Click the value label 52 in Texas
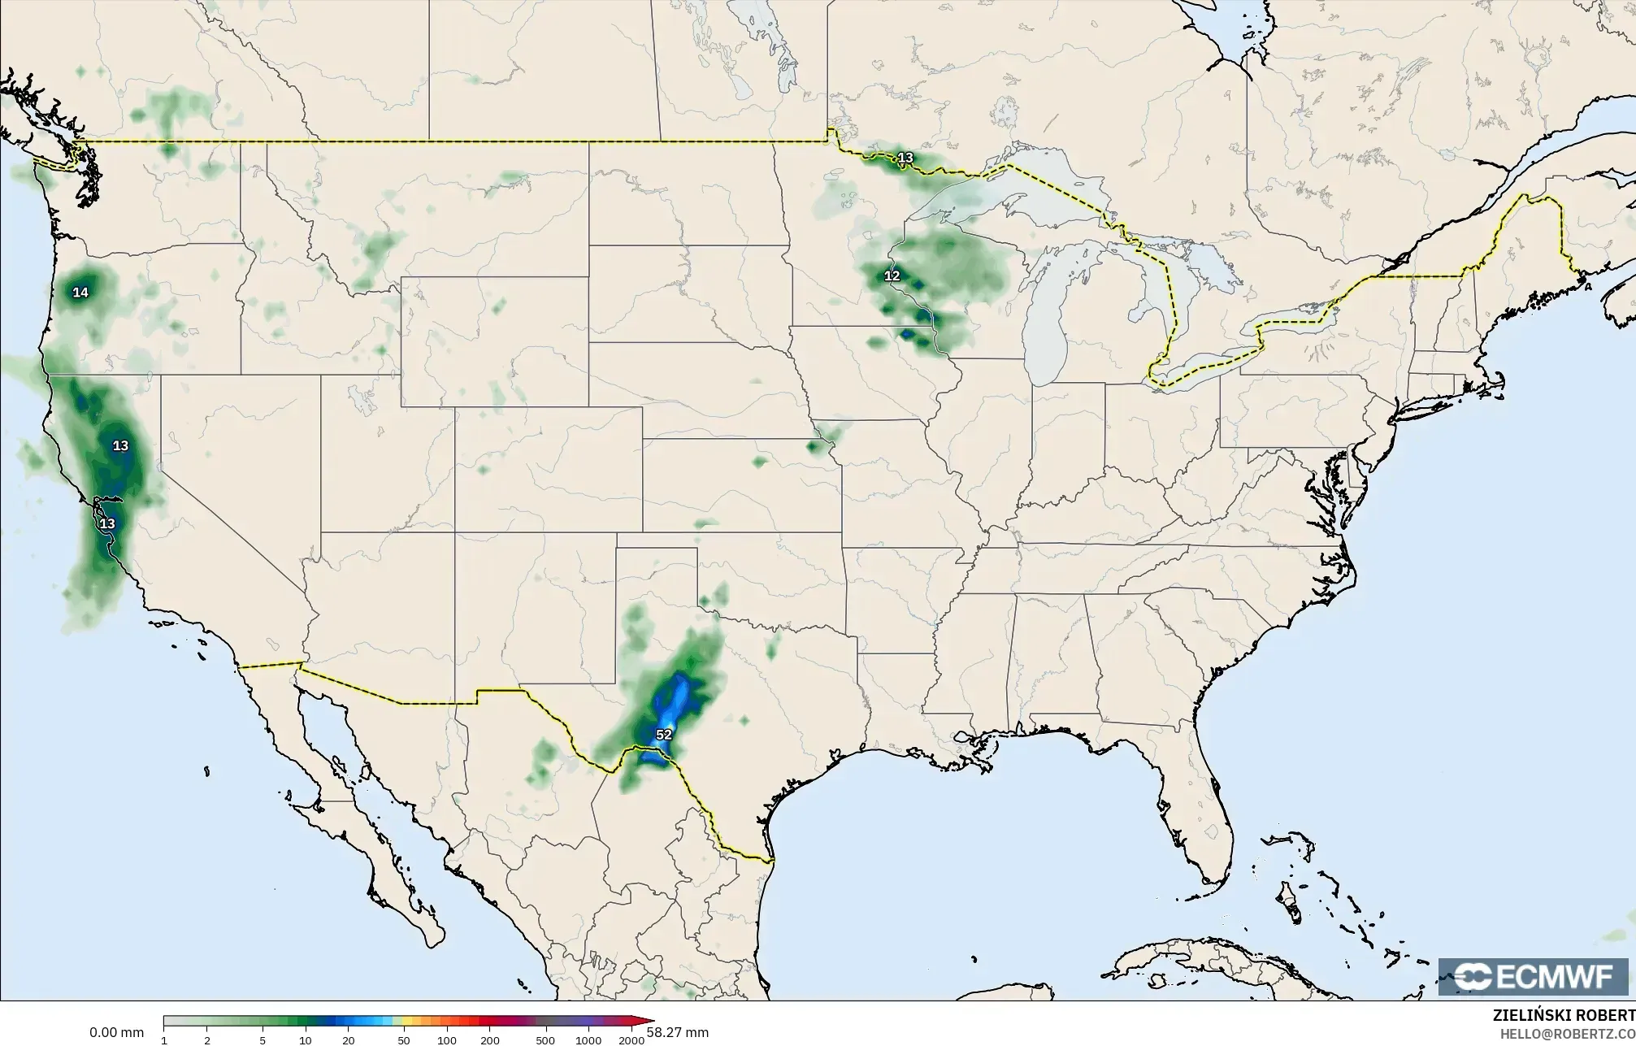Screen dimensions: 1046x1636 coord(664,735)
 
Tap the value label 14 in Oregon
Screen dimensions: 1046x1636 coord(80,293)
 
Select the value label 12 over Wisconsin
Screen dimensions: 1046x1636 coord(892,276)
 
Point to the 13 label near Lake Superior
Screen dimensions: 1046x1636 coord(905,158)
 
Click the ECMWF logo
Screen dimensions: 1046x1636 coord(1533,977)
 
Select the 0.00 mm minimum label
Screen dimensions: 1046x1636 coord(116,1033)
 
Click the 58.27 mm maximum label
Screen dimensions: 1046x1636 coord(678,1032)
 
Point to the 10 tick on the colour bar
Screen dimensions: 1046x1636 coord(305,1040)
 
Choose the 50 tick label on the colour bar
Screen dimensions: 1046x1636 coord(403,1040)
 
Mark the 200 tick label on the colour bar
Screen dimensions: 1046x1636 coord(489,1040)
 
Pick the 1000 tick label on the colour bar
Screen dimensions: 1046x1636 coord(588,1040)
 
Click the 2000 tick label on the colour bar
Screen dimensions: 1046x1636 coord(631,1040)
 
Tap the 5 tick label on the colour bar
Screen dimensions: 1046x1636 coord(262,1040)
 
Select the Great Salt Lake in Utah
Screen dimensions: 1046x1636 coord(358,398)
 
